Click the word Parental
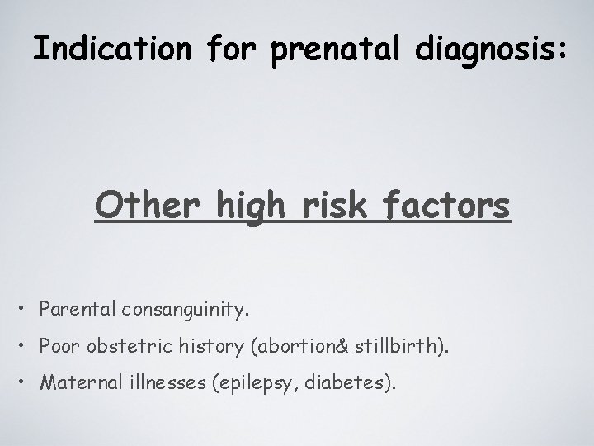pyautogui.click(x=79, y=310)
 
